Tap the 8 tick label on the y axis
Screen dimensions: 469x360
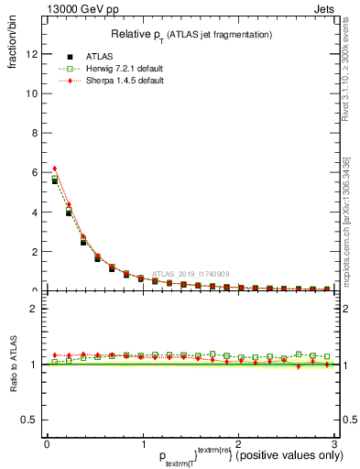tap(33, 133)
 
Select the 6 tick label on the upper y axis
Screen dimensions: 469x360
tap(33, 172)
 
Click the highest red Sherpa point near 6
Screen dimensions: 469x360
tap(55, 169)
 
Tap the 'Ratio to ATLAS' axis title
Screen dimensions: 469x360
tap(14, 365)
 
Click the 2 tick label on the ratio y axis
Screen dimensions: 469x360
tap(33, 309)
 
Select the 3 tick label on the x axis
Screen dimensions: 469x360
tap(334, 444)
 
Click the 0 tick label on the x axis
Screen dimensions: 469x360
tap(47, 444)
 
